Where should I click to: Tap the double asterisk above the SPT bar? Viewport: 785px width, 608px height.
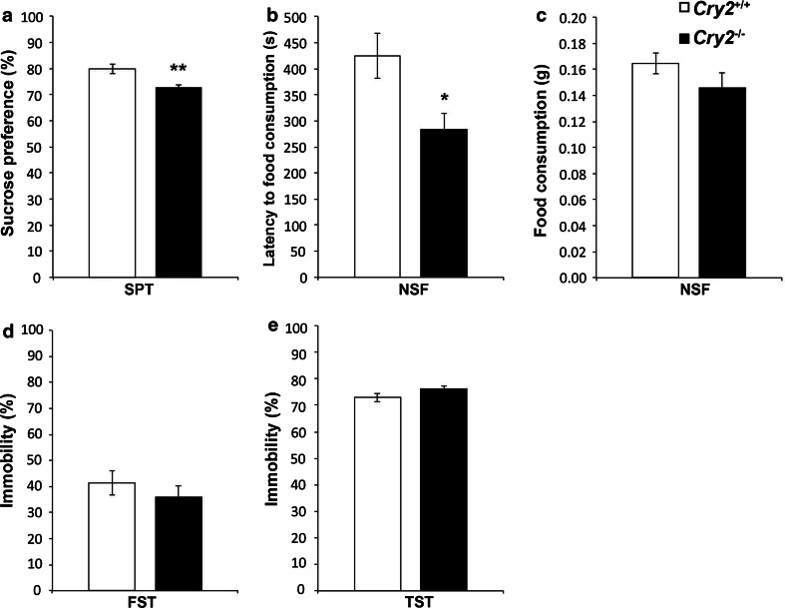coord(179,72)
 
